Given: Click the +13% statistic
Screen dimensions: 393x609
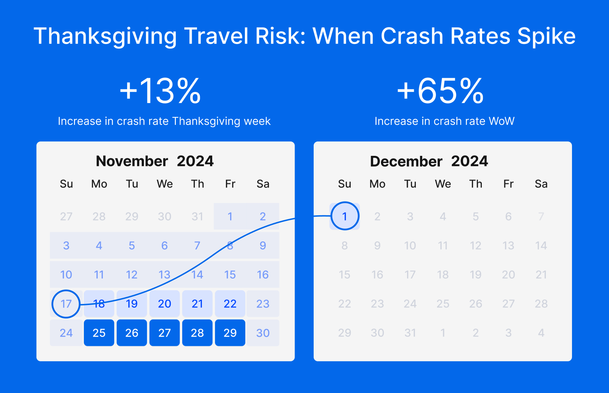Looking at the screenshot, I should tap(160, 91).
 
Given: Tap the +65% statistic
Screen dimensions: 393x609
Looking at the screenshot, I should tap(440, 91).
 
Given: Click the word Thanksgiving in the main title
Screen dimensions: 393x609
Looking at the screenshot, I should tap(105, 36).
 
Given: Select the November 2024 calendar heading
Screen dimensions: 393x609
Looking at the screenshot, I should tap(155, 161).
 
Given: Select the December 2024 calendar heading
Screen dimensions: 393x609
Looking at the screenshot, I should tap(429, 161).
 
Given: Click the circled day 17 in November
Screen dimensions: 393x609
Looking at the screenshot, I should tap(66, 304).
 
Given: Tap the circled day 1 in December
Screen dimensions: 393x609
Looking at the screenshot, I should tap(345, 216).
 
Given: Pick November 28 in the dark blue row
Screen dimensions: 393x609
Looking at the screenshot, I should tap(197, 333).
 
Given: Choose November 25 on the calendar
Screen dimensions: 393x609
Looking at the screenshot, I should tap(99, 333).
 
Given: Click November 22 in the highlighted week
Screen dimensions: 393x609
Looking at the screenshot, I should tap(230, 304).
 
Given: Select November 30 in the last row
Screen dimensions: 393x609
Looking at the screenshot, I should tap(263, 333).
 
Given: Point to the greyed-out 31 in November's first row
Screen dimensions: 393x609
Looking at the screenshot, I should tap(197, 216).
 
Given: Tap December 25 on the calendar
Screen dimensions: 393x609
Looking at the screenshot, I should tap(443, 304).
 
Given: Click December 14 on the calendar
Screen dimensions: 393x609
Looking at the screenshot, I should tap(541, 246).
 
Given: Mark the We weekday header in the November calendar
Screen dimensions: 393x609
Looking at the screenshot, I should tap(165, 184).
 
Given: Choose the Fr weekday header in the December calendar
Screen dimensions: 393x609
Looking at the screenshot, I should tap(508, 184).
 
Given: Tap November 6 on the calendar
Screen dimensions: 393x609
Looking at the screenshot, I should tap(165, 246).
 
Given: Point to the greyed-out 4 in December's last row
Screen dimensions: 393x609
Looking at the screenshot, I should tap(541, 333).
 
